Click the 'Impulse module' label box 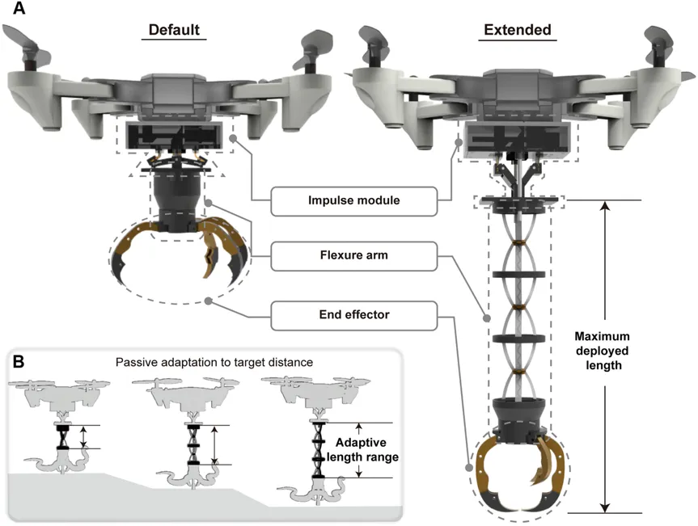tap(354, 201)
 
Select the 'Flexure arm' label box tap(354, 256)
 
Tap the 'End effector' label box tap(354, 316)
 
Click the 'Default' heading tap(174, 30)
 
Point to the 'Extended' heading tap(518, 30)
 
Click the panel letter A tap(19, 8)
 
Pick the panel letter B tap(18, 361)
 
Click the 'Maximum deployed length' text tap(603, 351)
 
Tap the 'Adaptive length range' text tap(362, 449)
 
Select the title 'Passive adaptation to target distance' tap(214, 362)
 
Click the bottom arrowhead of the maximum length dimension tap(604, 508)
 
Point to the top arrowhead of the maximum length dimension tap(604, 205)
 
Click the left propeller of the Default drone tap(27, 42)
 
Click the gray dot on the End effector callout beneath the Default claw tap(208, 301)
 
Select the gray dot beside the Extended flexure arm tap(487, 318)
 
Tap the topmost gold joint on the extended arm tap(518, 242)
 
